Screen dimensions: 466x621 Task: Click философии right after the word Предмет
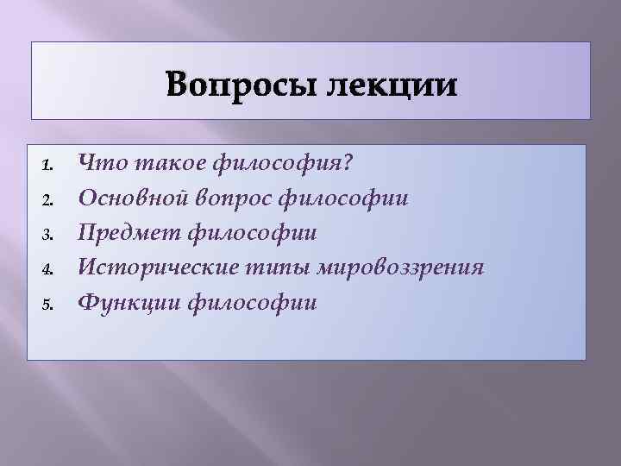[x=252, y=233]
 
